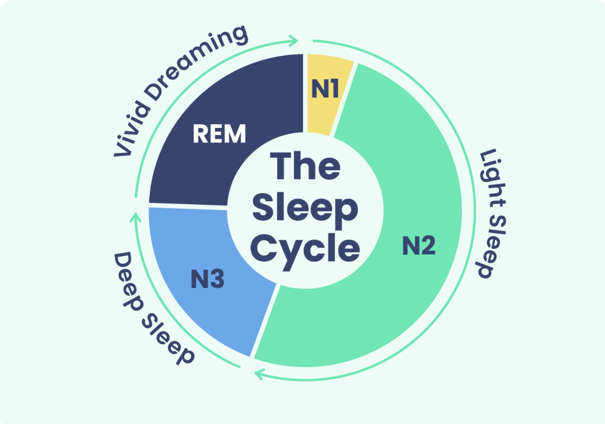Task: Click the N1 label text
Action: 325,89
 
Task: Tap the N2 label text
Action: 419,246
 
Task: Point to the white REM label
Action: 219,134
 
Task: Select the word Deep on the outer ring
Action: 126,276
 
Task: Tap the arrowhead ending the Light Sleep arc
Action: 258,374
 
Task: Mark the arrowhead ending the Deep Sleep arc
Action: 135,216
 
